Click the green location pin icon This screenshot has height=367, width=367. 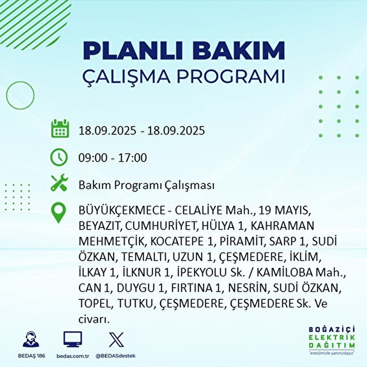click(59, 213)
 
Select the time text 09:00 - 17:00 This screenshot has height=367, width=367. click(113, 158)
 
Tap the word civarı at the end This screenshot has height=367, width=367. click(94, 320)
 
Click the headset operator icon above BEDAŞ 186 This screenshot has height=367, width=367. click(31, 339)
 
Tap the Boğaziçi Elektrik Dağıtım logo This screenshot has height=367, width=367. click(332, 339)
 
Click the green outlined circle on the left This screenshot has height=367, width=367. click(20, 95)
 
